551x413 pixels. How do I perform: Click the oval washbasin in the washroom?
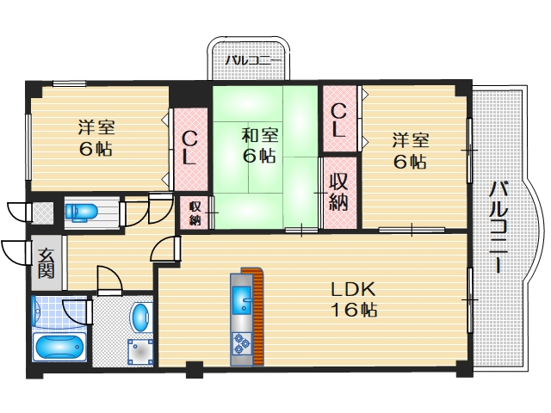click(x=139, y=316)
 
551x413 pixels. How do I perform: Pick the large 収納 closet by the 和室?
click(x=337, y=194)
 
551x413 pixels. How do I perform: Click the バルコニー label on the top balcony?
click(x=249, y=61)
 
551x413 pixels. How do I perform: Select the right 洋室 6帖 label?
click(x=410, y=150)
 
